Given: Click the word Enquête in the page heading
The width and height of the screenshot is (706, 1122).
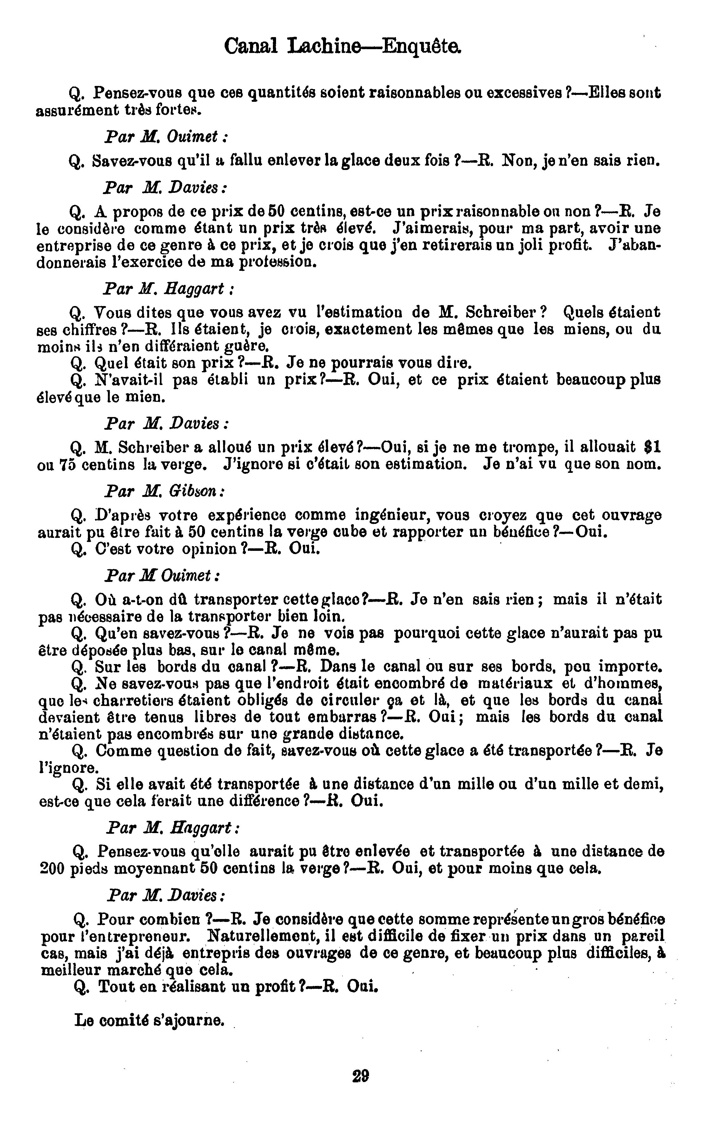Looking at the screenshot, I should coord(421,47).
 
